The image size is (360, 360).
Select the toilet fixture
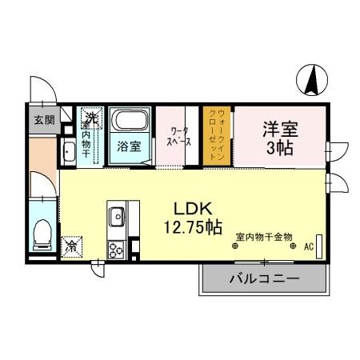tap(45, 234)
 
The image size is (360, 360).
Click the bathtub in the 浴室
tap(128, 125)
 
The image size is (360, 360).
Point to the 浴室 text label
tap(128, 146)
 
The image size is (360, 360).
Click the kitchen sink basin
tap(117, 215)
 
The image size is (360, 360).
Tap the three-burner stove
tap(116, 249)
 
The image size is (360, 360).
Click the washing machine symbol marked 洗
tap(91, 119)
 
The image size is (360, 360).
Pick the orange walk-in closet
tap(216, 136)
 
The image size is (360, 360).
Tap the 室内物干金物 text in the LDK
tap(263, 236)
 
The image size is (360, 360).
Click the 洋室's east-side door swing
tap(338, 149)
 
